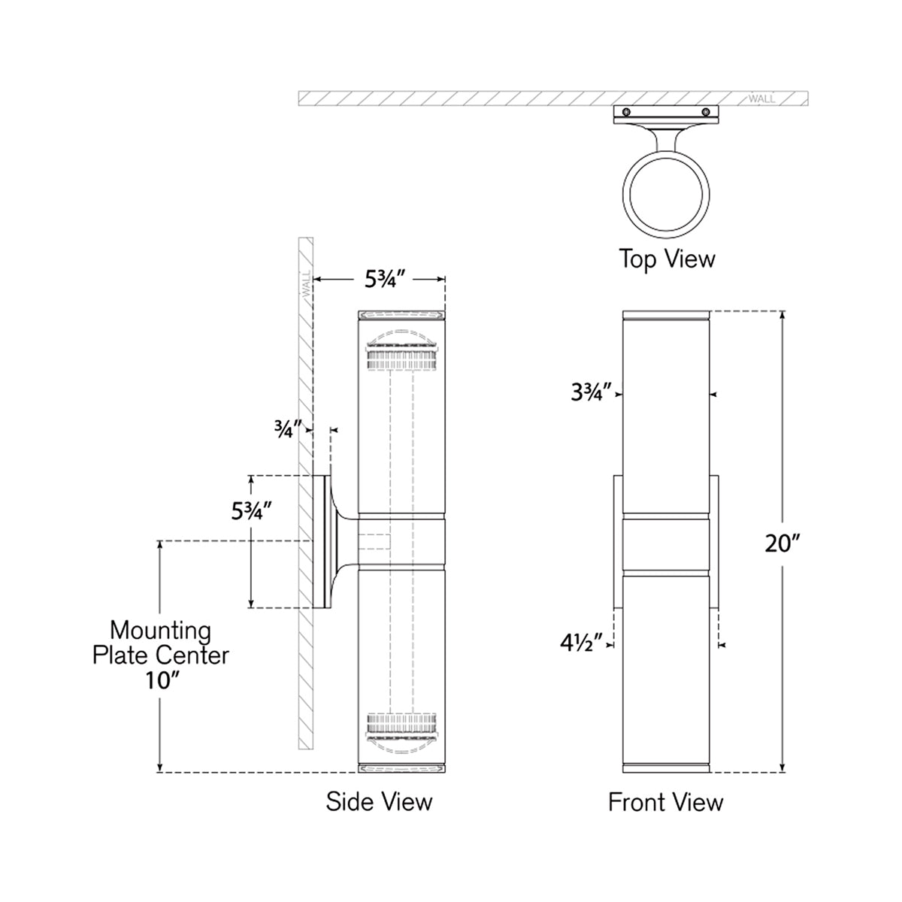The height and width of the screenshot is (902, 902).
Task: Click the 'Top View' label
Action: point(667,259)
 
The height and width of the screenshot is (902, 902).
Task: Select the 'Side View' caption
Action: point(379,801)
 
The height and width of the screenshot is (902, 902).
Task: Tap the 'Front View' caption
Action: point(665,802)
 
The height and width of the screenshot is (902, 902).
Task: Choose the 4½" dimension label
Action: point(582,643)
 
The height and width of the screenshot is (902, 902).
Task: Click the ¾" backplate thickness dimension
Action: point(288,429)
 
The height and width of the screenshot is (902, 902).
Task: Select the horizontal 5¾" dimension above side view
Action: point(386,279)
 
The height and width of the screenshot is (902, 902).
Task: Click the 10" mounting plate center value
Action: point(160,680)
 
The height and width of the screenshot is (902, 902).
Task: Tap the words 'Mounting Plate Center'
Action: point(160,642)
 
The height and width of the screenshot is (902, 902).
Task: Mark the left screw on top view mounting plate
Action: point(626,112)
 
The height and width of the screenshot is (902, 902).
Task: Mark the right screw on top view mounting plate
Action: point(706,112)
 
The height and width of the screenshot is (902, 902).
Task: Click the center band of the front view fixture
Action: point(666,545)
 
